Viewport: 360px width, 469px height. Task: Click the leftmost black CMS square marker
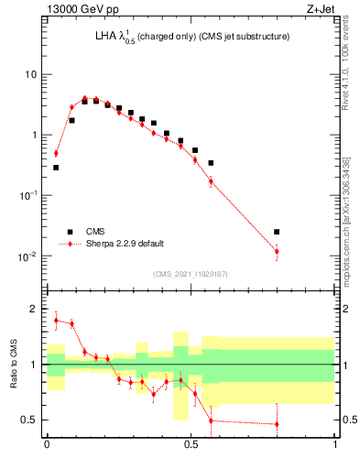point(56,168)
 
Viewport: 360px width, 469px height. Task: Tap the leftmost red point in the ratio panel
point(56,320)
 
